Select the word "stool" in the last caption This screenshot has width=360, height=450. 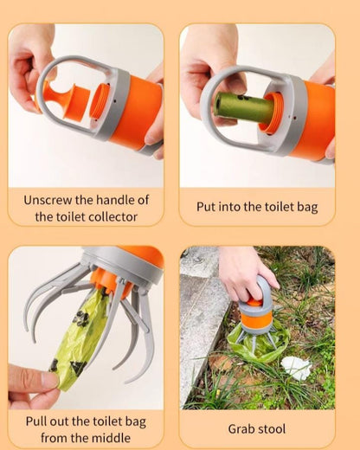pos(272,429)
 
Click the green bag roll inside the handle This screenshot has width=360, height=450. pos(244,107)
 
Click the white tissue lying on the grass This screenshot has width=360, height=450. pos(296,368)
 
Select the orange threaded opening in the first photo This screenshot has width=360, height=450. pos(100,100)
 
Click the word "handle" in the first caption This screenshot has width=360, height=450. pos(116,200)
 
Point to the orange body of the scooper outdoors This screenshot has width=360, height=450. pos(256,318)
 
